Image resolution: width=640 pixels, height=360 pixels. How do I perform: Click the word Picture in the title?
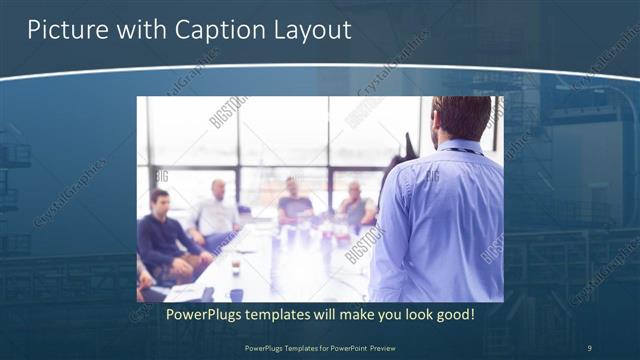pos(62,30)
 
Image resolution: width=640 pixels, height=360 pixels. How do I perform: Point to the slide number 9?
pos(589,347)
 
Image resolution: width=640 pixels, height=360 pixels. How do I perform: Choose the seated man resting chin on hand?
pos(355,205)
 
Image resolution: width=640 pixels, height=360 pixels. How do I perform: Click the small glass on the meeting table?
pos(235,268)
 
